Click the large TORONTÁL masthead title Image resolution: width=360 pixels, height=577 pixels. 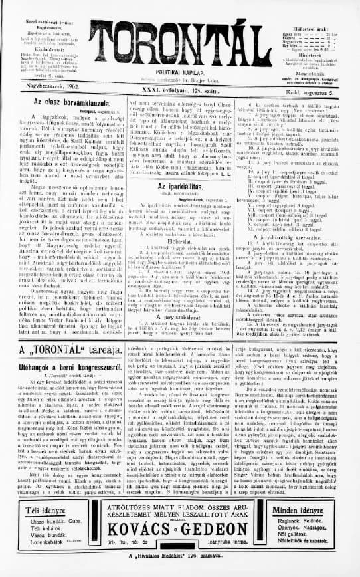click(x=181, y=43)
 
